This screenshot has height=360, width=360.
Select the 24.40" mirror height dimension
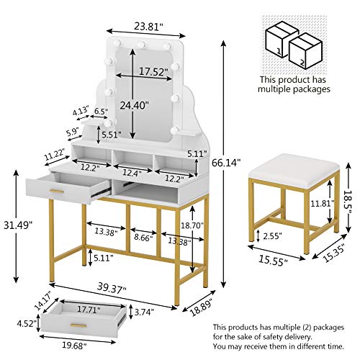click(x=135, y=104)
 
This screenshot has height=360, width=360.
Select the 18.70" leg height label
click(x=192, y=226)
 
